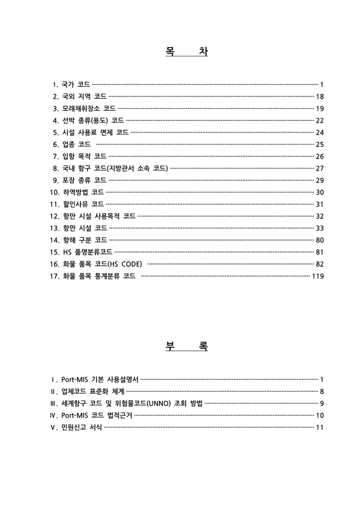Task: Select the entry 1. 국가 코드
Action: (x=71, y=84)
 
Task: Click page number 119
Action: (x=318, y=276)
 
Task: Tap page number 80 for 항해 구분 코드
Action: (x=320, y=240)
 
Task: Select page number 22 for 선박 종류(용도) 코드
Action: (x=320, y=120)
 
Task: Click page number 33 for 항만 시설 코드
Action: (x=320, y=228)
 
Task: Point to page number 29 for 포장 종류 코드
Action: (x=320, y=180)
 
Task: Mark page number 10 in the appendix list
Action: (x=320, y=415)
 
